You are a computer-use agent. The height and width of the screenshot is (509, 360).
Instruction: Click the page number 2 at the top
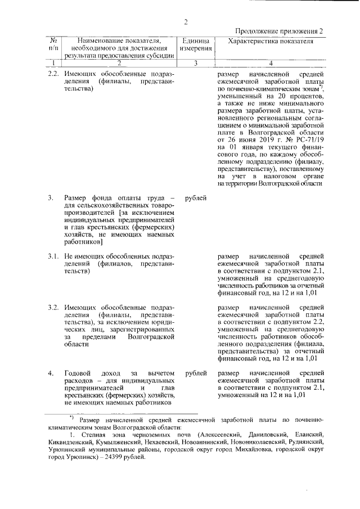(185, 22)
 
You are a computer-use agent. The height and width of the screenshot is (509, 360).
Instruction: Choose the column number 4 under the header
(270, 63)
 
